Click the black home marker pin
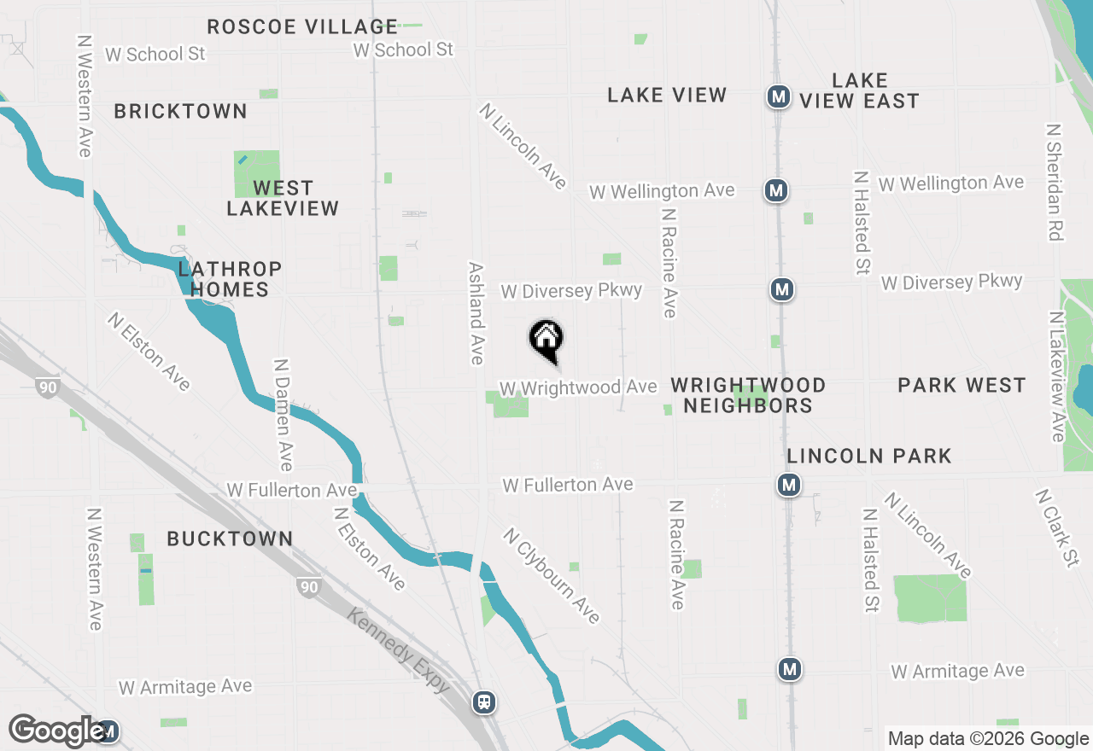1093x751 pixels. click(546, 339)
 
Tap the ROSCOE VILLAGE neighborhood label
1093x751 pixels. click(302, 27)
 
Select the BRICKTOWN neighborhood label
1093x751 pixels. click(180, 112)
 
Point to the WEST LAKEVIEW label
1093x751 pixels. click(283, 198)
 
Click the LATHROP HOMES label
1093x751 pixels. click(230, 280)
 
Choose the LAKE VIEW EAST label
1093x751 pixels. click(859, 90)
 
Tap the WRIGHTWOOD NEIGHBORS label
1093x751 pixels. click(748, 395)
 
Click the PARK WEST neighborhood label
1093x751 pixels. click(961, 386)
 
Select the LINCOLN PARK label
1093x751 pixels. click(869, 456)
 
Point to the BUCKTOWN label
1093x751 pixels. click(230, 539)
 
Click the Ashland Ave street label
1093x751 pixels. click(476, 313)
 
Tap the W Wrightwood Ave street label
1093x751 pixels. click(578, 388)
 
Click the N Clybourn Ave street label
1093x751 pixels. click(552, 576)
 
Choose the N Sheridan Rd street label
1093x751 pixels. click(1055, 182)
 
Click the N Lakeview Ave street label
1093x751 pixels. click(1057, 376)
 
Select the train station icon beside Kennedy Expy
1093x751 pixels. click(484, 702)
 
